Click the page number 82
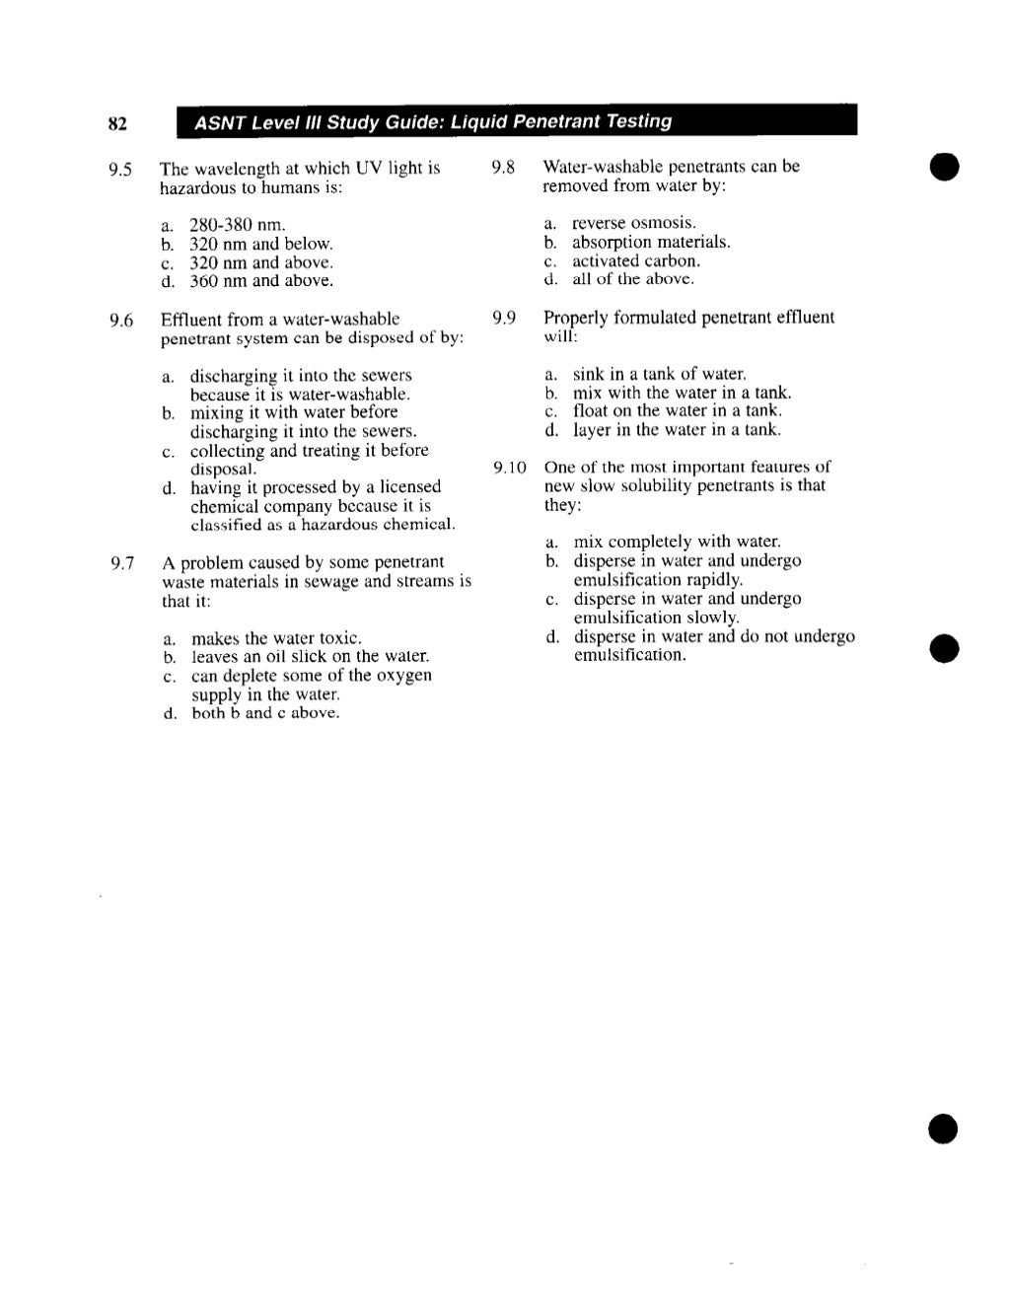(117, 123)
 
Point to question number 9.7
(121, 563)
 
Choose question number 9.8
(503, 167)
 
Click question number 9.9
(503, 318)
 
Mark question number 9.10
(510, 467)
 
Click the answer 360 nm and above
(261, 281)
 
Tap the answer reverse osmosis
(634, 223)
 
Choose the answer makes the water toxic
(276, 638)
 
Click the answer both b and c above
(265, 713)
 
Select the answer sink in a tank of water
(659, 374)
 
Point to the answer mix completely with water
(677, 542)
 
